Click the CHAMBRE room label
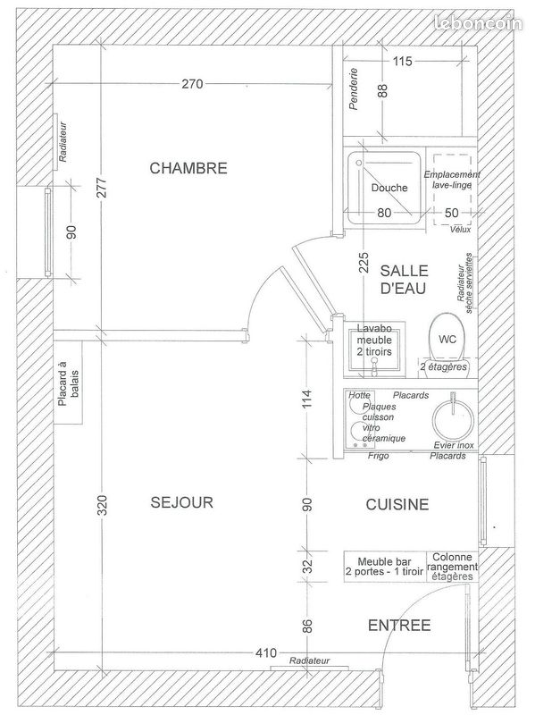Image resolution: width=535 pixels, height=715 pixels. pos(188,168)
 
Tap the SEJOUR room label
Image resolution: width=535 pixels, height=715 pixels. pos(182,502)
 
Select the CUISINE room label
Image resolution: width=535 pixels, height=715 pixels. pos(397,505)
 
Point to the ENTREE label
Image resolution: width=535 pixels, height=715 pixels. pos(398,625)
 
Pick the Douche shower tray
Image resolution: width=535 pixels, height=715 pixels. pos(387,189)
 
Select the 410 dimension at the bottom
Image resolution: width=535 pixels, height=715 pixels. pos(264,653)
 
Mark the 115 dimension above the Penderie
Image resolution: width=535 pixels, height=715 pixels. pos(402,62)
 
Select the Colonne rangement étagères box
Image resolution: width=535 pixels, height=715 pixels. pos(452,567)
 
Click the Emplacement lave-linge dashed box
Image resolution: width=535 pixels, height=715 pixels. pos(452,196)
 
